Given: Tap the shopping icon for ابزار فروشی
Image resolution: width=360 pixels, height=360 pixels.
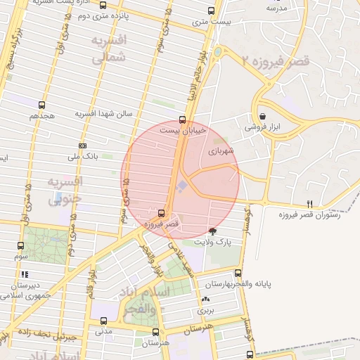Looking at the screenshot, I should [262, 116].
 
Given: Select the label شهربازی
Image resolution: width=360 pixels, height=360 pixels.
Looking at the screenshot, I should [219, 150].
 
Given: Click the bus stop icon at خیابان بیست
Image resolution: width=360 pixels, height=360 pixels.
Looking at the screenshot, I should [182, 120].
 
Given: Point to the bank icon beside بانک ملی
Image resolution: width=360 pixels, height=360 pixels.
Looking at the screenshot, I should [83, 146].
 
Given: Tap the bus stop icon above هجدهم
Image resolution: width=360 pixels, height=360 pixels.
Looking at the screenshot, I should [43, 105].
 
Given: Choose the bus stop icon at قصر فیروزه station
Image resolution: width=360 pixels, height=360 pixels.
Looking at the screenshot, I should [162, 212].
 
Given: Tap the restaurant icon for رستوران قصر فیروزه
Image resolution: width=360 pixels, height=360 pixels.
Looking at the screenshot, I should [310, 204].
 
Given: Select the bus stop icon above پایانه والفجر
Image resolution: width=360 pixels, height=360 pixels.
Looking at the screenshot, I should [238, 274].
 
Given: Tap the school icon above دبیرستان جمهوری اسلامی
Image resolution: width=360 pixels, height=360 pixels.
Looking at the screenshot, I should [25, 275].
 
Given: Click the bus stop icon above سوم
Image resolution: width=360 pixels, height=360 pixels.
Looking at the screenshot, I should [20, 246].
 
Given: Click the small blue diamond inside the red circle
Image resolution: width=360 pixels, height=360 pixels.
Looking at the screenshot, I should [181, 186].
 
